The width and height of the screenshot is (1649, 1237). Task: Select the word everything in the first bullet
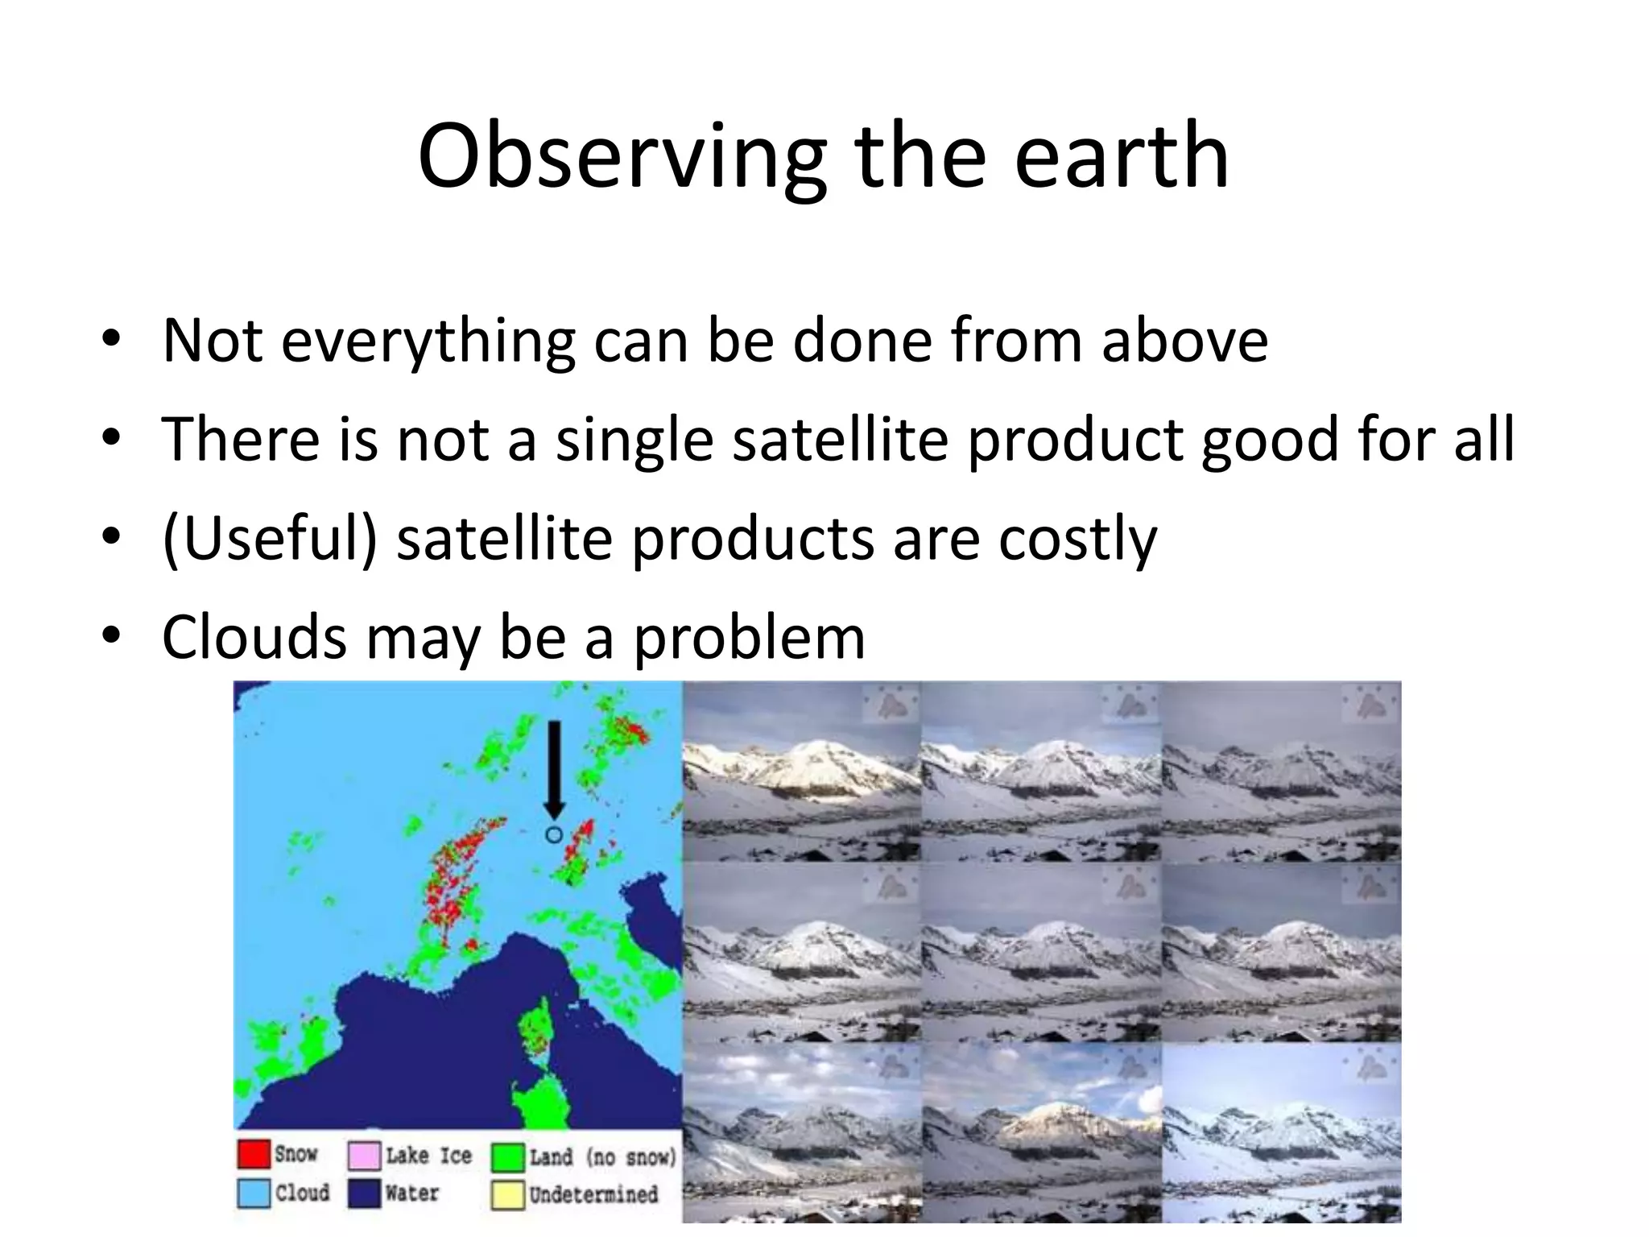(x=428, y=341)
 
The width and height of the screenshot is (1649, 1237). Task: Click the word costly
(x=1077, y=540)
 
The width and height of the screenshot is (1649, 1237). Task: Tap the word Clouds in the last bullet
(x=254, y=637)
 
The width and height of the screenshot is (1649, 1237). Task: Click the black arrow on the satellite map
(x=554, y=769)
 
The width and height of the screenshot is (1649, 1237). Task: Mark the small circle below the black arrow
(x=554, y=835)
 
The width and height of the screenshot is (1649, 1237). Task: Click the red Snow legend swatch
(x=254, y=1153)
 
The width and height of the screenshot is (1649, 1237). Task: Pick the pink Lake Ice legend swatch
(x=364, y=1155)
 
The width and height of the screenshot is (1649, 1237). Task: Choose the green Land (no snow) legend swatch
(x=508, y=1157)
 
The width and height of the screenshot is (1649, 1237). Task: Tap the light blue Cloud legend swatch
(x=254, y=1193)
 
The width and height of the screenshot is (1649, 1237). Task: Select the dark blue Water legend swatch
(x=364, y=1193)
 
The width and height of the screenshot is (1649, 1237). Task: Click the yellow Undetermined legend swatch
(x=508, y=1195)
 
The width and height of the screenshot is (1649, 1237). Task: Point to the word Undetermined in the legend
(x=593, y=1194)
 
